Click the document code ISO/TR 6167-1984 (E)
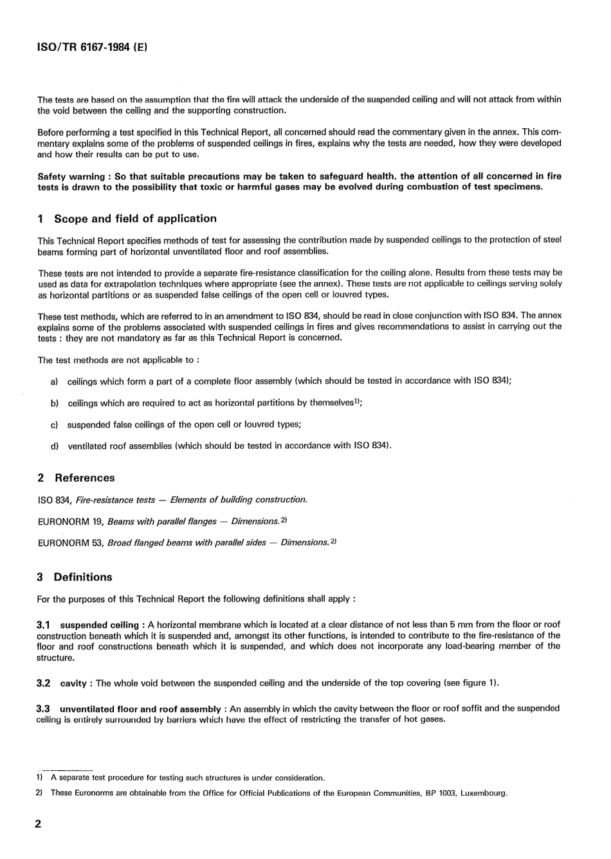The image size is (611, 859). (93, 47)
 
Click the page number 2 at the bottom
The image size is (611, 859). (38, 824)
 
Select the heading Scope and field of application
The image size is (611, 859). (135, 218)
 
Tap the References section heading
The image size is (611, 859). (84, 478)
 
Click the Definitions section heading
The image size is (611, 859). (83, 577)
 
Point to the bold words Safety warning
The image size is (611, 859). (71, 176)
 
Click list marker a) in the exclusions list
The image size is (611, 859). (55, 381)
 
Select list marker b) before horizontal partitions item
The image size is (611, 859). (55, 403)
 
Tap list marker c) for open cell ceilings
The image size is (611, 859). (55, 425)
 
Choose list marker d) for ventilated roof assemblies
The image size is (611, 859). (55, 446)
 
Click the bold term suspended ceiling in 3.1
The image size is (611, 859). (99, 625)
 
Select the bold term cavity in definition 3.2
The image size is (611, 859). (73, 683)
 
